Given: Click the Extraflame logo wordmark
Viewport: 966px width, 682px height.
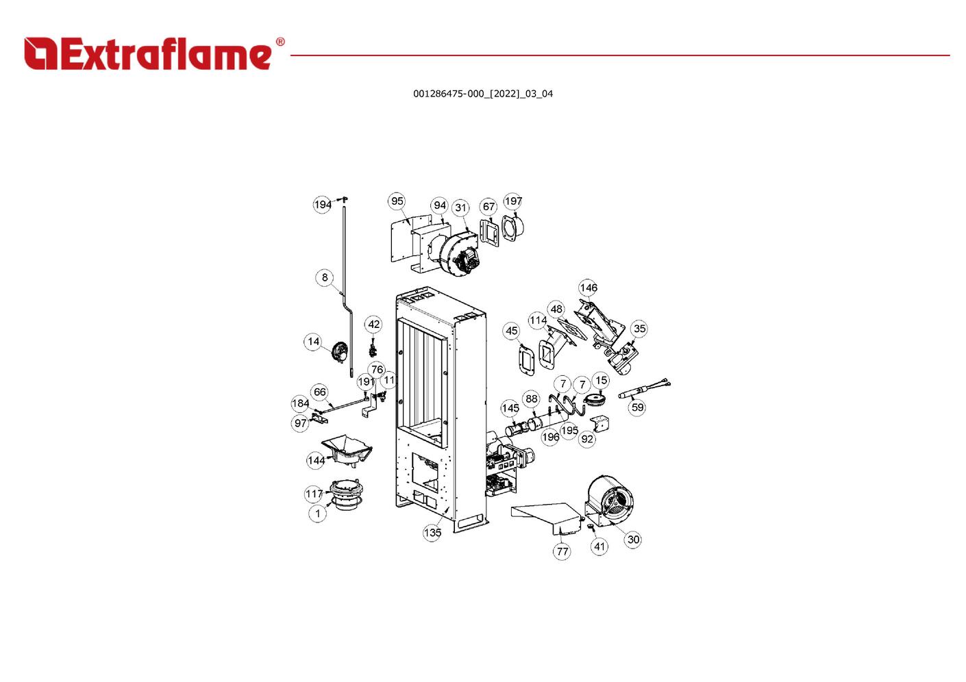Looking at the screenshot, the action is pos(148,54).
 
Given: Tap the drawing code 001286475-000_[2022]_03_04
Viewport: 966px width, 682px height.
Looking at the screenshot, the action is pos(483,94).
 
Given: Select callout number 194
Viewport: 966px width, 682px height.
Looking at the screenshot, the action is pos(323,204).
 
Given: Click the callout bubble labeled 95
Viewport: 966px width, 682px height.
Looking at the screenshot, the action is pos(397,201).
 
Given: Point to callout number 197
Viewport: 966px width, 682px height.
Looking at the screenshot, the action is pos(512,201).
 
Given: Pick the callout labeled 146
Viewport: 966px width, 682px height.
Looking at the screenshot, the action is pos(589,288).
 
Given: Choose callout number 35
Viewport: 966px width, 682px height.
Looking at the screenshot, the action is pos(639,329).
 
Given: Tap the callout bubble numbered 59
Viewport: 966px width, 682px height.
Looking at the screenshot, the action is pos(637,407).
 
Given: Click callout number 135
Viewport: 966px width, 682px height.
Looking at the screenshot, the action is pos(432,533).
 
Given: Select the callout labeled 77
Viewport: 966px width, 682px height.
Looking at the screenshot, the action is pos(562,551).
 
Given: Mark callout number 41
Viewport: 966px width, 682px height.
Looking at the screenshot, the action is pos(599,546).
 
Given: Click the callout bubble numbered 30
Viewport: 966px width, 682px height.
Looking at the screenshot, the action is pos(633,540).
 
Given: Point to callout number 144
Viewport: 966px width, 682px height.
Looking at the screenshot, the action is pos(316,460).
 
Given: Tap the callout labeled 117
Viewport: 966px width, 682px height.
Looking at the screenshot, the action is pos(314,494).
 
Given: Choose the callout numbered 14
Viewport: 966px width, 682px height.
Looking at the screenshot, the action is pos(313,342).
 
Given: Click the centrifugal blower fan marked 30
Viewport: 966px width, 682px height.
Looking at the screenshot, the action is pos(609,499).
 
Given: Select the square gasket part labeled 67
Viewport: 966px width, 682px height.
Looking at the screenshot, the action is pos(489,232).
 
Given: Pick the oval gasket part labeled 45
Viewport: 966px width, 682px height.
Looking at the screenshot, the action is pos(527,360).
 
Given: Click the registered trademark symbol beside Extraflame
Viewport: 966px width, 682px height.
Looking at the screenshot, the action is pos(280,42).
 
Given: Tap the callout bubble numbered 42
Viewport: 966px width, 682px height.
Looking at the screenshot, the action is pos(373,324).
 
